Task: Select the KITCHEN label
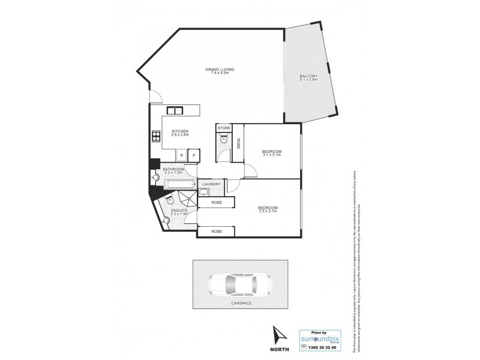[180, 131]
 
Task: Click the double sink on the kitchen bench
[175, 110]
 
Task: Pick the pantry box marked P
[194, 155]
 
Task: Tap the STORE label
[223, 128]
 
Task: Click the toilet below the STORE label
[223, 140]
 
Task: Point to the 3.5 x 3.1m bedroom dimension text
[268, 211]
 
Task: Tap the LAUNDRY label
[212, 184]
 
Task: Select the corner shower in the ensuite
[188, 199]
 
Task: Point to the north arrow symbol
[278, 333]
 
